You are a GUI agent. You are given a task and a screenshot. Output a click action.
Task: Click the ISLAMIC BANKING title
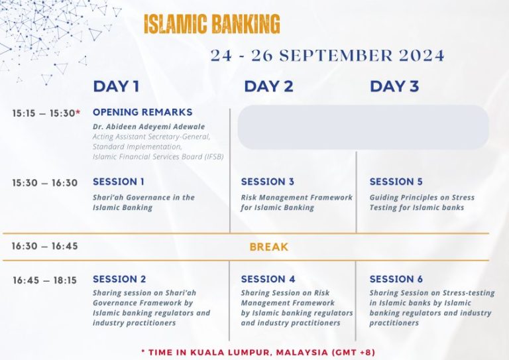(x=211, y=24)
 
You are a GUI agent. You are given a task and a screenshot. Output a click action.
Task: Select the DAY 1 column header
(x=116, y=86)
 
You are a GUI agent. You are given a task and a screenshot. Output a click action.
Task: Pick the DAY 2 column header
(x=268, y=86)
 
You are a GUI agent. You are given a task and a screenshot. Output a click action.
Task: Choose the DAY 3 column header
(x=394, y=86)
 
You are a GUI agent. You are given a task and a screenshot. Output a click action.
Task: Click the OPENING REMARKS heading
(x=142, y=112)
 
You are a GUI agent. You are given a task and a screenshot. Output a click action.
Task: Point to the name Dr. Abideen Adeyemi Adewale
(x=148, y=127)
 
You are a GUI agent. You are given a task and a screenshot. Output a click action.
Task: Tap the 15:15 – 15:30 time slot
(x=44, y=113)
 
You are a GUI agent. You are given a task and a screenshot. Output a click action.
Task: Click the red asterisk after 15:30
(x=78, y=112)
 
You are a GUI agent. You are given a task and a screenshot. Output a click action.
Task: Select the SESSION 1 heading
(x=119, y=182)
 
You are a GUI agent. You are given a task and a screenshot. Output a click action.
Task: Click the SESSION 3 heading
(x=268, y=182)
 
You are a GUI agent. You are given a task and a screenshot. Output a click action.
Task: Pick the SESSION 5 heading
(x=396, y=182)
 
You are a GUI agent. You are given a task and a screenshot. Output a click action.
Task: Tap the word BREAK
(x=269, y=247)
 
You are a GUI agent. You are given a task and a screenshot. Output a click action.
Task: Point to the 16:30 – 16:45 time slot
(x=45, y=246)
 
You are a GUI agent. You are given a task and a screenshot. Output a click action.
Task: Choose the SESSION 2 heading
(x=119, y=279)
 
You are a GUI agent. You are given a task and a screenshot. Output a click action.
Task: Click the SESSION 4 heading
(x=268, y=279)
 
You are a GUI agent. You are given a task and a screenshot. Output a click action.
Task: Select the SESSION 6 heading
(x=396, y=279)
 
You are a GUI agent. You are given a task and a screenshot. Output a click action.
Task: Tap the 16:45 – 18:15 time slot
(x=45, y=280)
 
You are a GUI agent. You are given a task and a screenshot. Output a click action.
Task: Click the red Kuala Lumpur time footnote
(x=258, y=352)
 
